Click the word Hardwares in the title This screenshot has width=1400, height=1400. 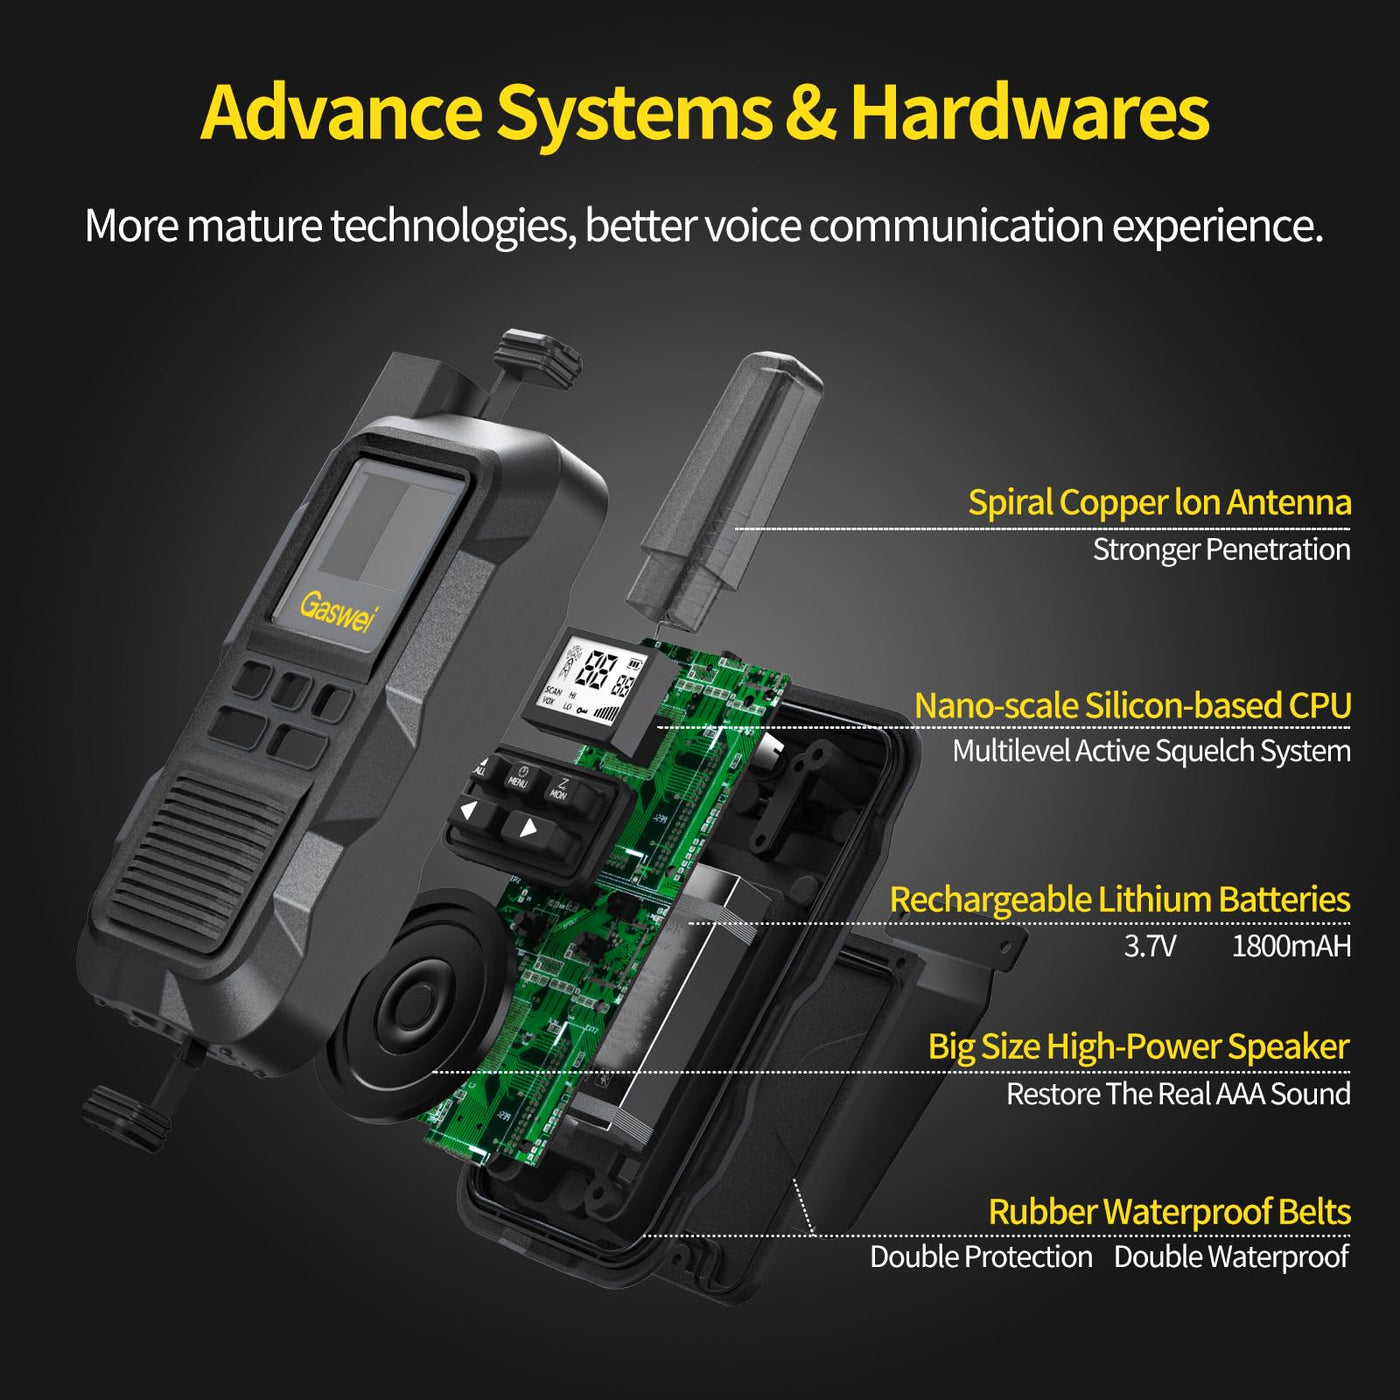pyautogui.click(x=1030, y=113)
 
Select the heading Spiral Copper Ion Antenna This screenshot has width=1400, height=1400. pyautogui.click(x=1160, y=502)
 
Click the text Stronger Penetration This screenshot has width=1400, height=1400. pyautogui.click(x=1222, y=550)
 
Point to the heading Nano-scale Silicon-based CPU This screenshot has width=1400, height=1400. pyautogui.click(x=1133, y=705)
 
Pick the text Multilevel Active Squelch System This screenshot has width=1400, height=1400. pyautogui.click(x=1152, y=750)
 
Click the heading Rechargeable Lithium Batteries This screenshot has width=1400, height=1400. pyautogui.click(x=1120, y=899)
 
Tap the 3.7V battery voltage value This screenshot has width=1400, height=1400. pyautogui.click(x=1149, y=947)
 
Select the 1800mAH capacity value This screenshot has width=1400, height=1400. pyautogui.click(x=1291, y=947)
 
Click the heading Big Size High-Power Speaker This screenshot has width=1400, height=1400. pyautogui.click(x=1139, y=1047)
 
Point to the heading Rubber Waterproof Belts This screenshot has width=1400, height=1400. pyautogui.click(x=1170, y=1212)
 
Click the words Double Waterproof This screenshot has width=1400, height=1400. pyautogui.click(x=1231, y=1257)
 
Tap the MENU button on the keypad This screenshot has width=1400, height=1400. pyautogui.click(x=517, y=776)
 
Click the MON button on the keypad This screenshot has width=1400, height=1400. pyautogui.click(x=559, y=789)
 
